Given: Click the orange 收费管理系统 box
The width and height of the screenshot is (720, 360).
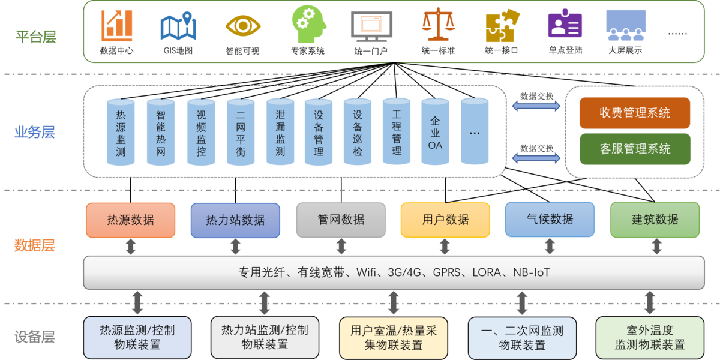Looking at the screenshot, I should (634, 113).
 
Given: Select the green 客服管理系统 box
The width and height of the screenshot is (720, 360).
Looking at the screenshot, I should (634, 149).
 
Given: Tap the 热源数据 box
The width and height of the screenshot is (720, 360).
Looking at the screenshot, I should (130, 220).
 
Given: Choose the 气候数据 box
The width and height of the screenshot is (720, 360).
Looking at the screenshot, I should (550, 220).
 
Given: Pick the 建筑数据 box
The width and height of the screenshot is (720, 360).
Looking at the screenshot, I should (655, 220).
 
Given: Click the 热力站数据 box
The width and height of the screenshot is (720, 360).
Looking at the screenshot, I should (235, 220).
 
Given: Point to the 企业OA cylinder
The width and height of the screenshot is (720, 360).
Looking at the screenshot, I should (435, 132).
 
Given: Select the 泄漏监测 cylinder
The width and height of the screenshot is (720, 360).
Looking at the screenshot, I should (280, 132).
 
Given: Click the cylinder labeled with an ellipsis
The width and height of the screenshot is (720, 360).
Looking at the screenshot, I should (475, 132).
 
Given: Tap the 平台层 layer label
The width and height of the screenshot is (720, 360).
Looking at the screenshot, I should (36, 37).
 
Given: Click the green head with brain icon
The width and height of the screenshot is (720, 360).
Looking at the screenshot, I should (310, 24).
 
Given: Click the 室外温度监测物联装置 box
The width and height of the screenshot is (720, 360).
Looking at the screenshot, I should (650, 338).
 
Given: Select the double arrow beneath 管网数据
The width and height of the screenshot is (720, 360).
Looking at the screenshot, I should (341, 247).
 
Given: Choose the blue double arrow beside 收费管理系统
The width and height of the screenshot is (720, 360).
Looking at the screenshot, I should (536, 106).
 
